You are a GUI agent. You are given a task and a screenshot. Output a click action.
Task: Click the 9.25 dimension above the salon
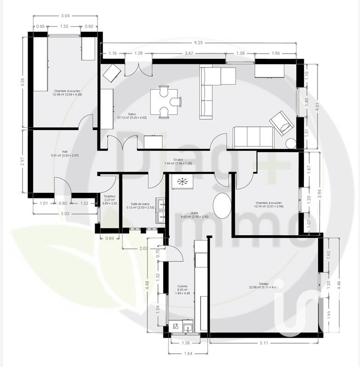[x=198, y=43]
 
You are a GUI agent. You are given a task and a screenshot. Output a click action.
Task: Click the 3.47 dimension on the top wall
[x=188, y=54]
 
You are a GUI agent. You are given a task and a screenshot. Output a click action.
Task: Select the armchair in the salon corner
[x=281, y=123]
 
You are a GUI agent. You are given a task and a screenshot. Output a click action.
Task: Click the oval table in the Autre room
[x=223, y=206]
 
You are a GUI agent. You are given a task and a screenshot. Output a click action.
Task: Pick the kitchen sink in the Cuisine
[x=188, y=327]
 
